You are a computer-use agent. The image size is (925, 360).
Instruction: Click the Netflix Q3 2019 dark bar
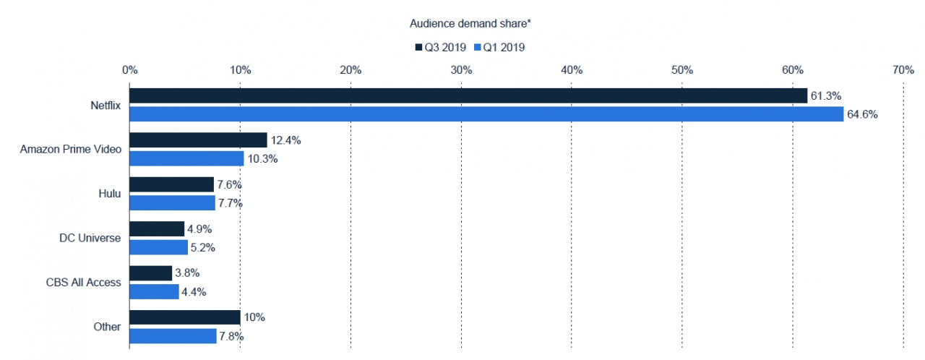[468, 96]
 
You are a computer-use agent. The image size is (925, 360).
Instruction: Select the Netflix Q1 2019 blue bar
[486, 114]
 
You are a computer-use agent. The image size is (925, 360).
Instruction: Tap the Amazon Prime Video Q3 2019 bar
[198, 140]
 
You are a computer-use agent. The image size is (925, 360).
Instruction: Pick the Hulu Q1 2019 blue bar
[172, 203]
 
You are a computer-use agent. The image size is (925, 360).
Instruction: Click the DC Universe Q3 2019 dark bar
[157, 229]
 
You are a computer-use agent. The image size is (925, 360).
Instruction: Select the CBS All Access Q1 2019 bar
[154, 292]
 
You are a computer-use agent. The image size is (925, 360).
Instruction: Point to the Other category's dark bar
[185, 318]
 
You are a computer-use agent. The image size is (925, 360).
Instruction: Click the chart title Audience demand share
[470, 24]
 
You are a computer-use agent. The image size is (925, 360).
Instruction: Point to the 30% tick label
[461, 70]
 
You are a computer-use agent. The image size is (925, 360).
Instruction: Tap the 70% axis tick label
[903, 70]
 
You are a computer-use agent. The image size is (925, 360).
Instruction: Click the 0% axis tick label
[130, 70]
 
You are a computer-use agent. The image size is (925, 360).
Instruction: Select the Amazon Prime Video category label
[70, 150]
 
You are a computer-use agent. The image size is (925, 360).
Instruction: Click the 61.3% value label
[827, 96]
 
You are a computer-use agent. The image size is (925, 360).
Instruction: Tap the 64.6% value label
[863, 114]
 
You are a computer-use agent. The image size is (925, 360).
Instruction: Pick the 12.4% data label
[286, 140]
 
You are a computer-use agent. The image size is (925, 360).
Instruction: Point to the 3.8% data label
[186, 273]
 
